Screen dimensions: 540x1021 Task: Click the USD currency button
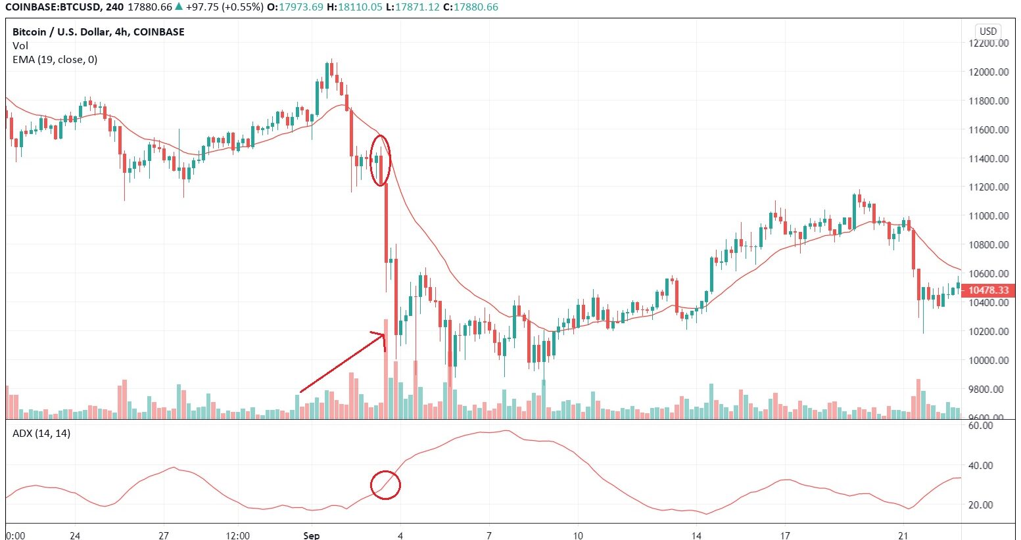click(988, 31)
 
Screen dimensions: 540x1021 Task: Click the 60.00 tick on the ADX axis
click(981, 426)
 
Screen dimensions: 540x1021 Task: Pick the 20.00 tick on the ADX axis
click(981, 505)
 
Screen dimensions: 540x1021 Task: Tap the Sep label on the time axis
click(312, 535)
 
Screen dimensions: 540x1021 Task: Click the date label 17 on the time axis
click(785, 535)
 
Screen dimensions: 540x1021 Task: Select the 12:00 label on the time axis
click(237, 535)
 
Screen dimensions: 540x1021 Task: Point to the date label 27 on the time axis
click(164, 535)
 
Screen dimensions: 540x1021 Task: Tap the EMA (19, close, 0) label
click(55, 60)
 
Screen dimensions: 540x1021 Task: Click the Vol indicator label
click(20, 46)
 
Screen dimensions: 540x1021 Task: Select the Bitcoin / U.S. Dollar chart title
click(99, 32)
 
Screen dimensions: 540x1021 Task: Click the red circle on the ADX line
click(385, 485)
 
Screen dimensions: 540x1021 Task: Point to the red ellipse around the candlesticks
click(381, 160)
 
